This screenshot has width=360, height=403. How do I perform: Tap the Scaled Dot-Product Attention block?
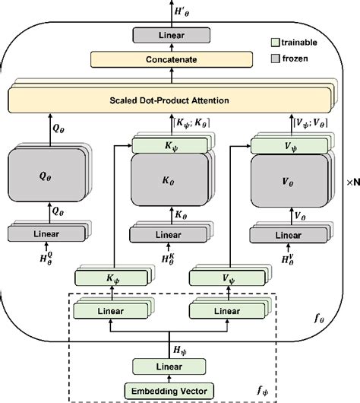(172, 100)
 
